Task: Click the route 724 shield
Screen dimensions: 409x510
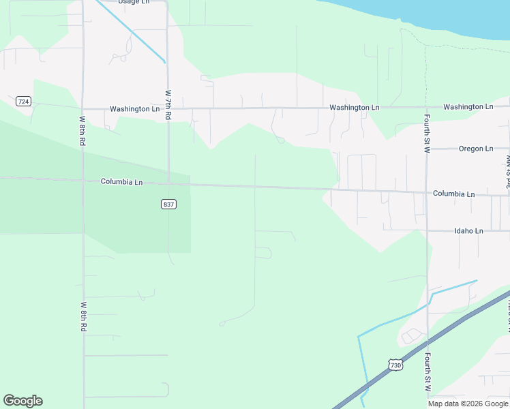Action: (23, 101)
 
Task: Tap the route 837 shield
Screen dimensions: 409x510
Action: (168, 204)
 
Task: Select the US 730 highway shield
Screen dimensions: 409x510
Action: (396, 365)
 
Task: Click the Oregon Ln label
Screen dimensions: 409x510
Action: (475, 149)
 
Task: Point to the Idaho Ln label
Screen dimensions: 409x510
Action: (468, 231)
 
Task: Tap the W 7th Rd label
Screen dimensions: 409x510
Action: (168, 105)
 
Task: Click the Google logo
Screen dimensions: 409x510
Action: (22, 401)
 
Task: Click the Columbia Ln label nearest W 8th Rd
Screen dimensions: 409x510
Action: (121, 182)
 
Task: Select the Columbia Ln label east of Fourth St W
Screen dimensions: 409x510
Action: (453, 194)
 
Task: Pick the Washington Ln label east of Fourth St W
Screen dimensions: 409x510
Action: (468, 107)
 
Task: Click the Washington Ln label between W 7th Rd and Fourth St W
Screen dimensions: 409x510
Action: (354, 108)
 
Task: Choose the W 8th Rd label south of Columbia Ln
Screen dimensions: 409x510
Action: (83, 317)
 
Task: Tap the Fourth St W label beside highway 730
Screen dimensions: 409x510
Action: (427, 372)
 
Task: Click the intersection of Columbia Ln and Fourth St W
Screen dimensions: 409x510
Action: (427, 193)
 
